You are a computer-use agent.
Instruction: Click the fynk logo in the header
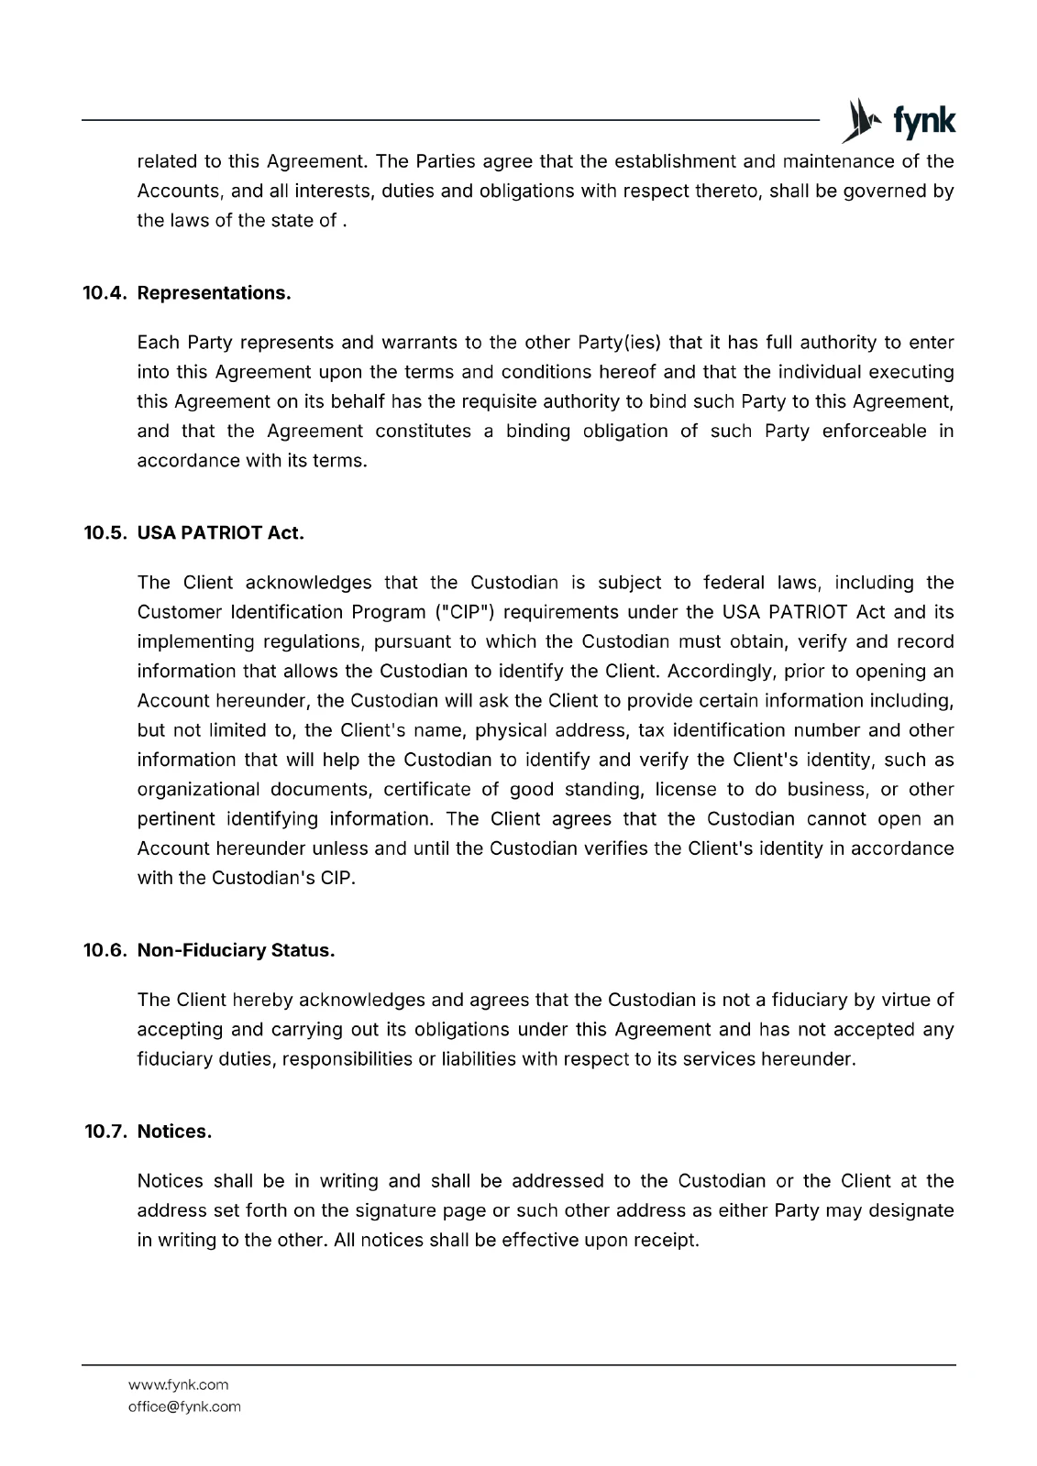point(898,121)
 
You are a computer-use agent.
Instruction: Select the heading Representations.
point(214,293)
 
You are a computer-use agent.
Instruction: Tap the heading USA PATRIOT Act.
point(220,533)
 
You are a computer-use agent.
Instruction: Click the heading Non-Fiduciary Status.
point(236,950)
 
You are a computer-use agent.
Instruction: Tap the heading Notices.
point(174,1132)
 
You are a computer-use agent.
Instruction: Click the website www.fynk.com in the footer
point(179,1384)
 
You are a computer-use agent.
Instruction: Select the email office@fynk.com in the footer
point(184,1406)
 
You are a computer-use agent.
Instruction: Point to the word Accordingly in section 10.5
point(721,672)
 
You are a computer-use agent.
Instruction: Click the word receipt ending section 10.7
point(666,1241)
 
